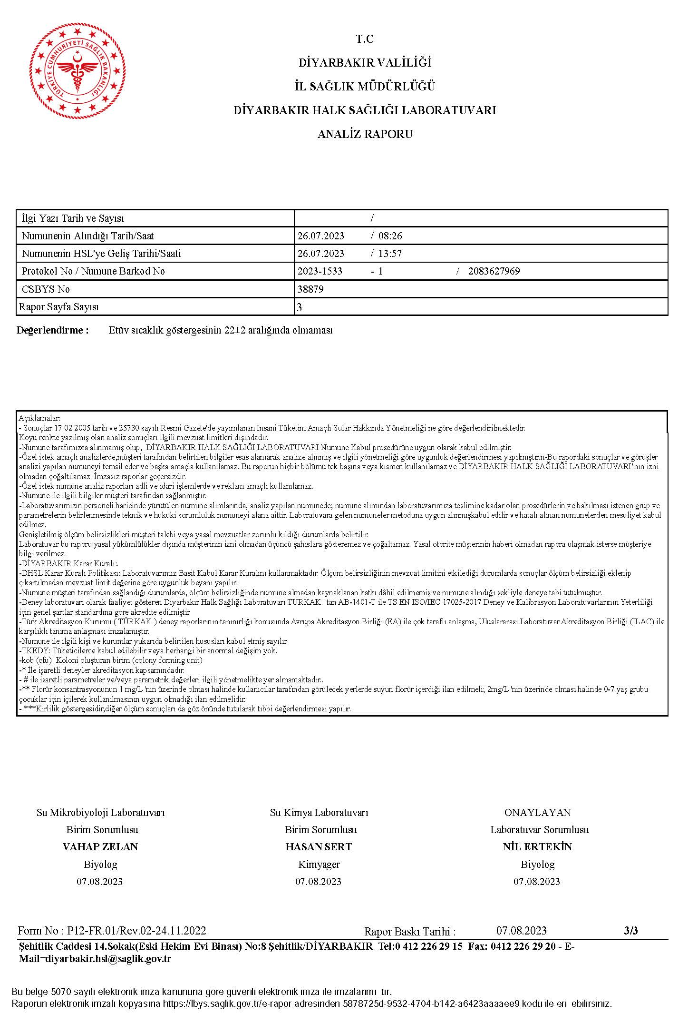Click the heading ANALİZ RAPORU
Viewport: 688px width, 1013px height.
click(x=365, y=134)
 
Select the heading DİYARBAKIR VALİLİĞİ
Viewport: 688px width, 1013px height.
click(x=365, y=63)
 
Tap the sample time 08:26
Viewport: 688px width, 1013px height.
click(x=390, y=236)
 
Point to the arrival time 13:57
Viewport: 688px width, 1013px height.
click(x=390, y=254)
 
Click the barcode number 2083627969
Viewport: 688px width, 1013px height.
click(x=494, y=271)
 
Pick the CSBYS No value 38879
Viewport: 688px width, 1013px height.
click(x=310, y=289)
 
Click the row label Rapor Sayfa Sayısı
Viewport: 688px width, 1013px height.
click(x=58, y=307)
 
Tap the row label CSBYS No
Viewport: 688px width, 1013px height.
click(x=46, y=289)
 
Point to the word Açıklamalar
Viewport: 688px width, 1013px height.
click(x=37, y=418)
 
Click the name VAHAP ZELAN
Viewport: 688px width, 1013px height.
click(x=100, y=847)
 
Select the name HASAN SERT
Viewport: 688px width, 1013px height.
click(x=319, y=847)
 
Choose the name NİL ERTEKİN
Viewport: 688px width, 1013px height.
click(x=537, y=847)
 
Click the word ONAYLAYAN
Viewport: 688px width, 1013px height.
click(x=537, y=813)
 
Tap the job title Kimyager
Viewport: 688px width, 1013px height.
click(x=319, y=864)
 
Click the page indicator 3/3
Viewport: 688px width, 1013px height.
click(x=630, y=931)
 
